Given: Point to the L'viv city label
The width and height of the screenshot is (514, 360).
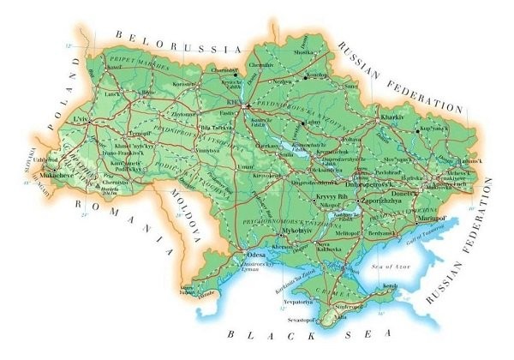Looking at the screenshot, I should pyautogui.click(x=81, y=120).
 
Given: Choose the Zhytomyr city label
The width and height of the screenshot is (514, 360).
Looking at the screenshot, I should pyautogui.click(x=182, y=112).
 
